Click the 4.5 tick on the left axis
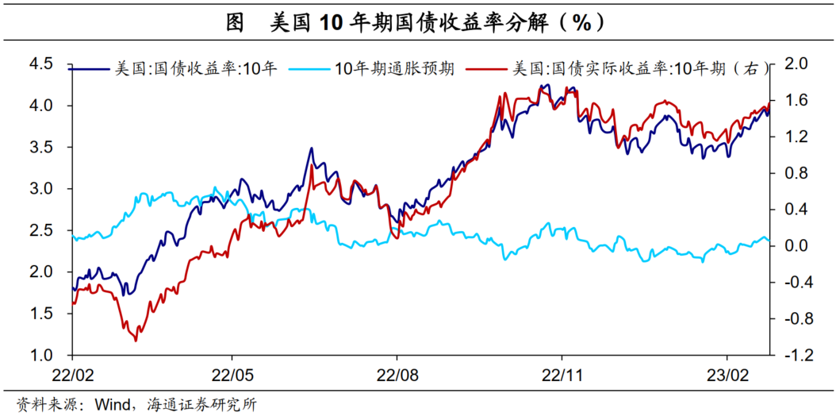tap(40, 64)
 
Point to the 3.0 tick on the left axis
tap(40, 189)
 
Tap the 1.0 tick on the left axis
tap(40, 355)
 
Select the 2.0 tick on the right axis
tap(795, 64)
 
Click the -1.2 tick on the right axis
tap(793, 355)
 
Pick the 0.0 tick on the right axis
tap(795, 246)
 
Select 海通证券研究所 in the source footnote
tap(201, 405)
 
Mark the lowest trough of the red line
tap(136, 341)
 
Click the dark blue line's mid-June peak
tap(311, 148)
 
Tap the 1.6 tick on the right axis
tap(795, 100)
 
